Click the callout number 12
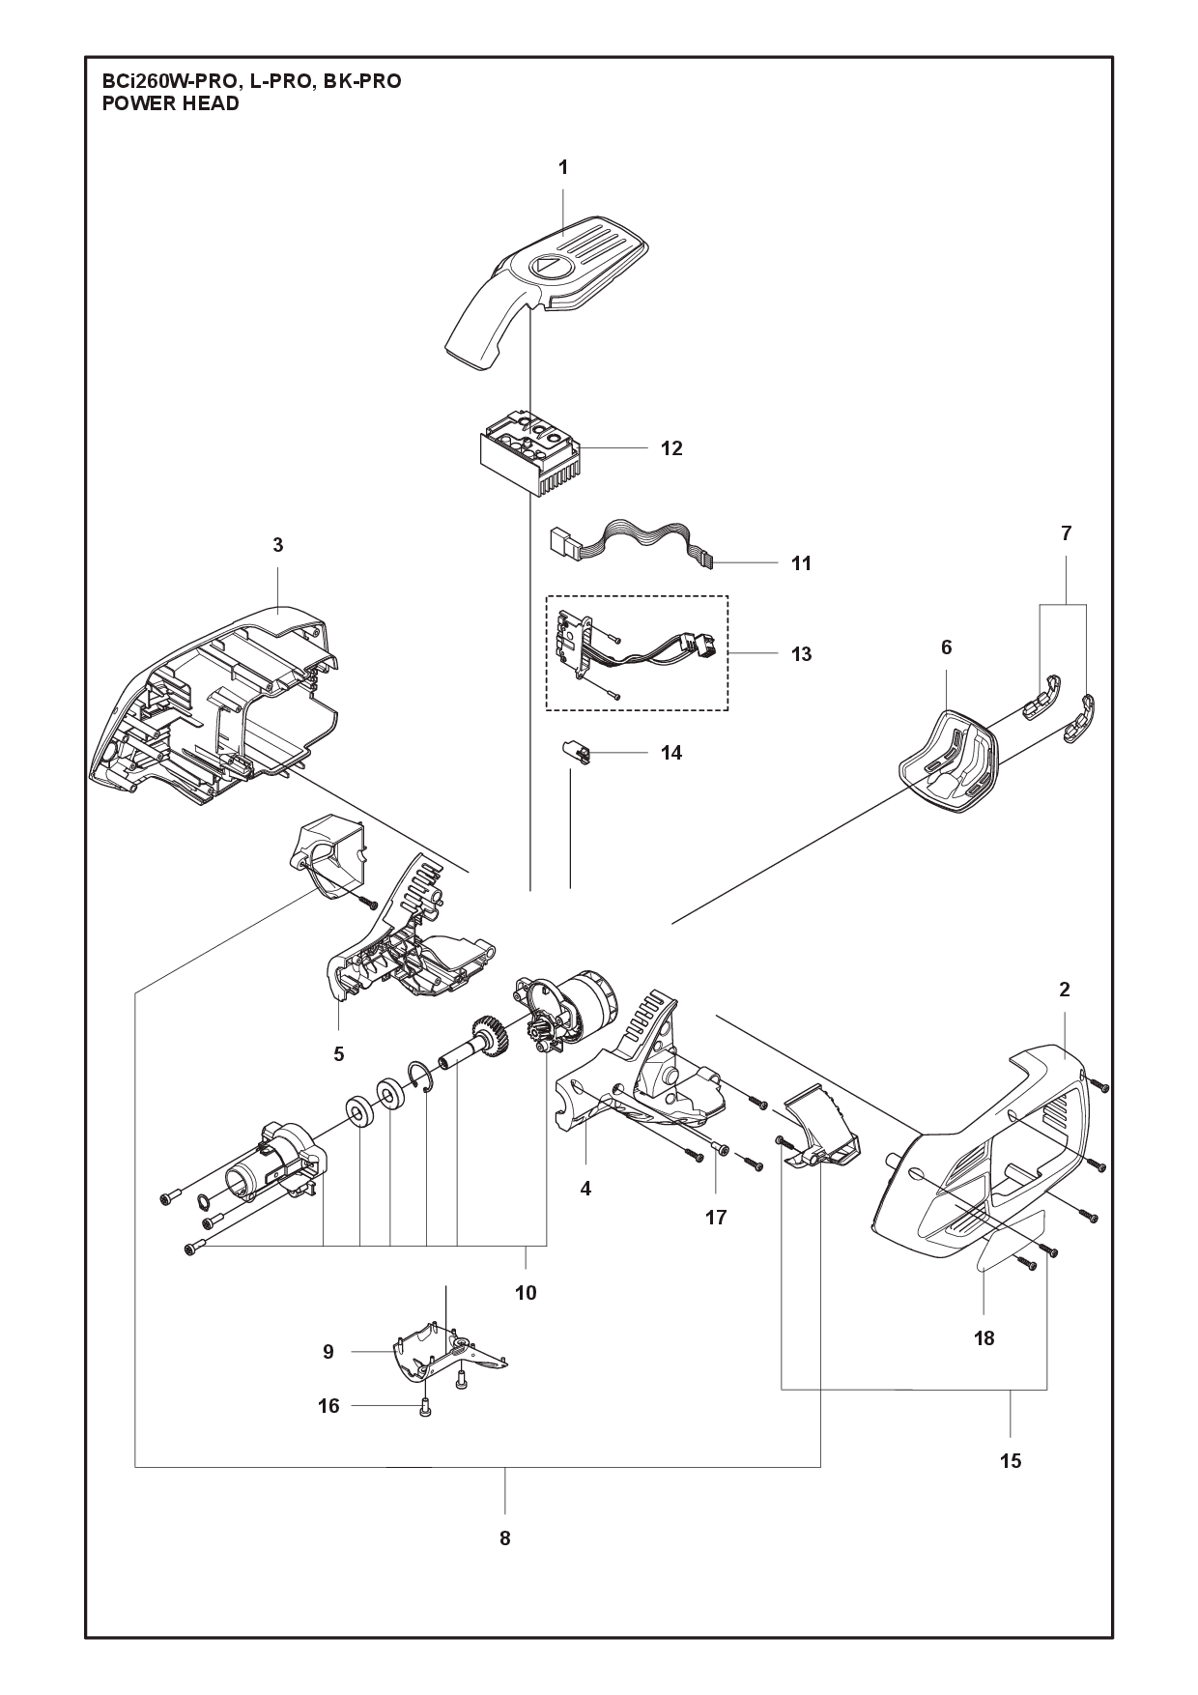coord(670,448)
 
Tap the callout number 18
coord(984,1337)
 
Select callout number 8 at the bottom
coord(504,1538)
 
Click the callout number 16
coord(328,1405)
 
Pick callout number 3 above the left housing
coord(278,545)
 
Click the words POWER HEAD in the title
coord(170,103)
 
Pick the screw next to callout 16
coord(425,1437)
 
